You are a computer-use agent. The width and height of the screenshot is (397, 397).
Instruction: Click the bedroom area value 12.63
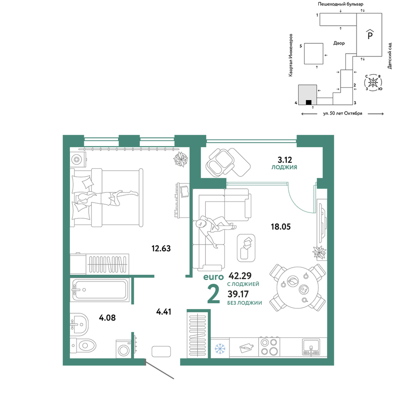161,249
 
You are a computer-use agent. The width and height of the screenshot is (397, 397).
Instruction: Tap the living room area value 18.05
281,227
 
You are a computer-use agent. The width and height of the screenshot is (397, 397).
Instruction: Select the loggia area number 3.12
285,160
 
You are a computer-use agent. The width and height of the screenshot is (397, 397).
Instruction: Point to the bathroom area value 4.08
107,318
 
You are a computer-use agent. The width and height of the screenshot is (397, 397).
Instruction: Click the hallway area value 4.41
164,312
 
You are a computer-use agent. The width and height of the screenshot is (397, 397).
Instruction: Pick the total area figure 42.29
240,275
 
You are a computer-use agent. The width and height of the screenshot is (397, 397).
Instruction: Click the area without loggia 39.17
238,294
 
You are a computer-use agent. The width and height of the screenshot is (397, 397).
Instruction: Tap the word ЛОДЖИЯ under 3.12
284,168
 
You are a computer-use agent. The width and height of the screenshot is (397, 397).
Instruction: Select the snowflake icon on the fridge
220,349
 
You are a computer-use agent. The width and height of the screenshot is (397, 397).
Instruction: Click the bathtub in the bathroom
100,290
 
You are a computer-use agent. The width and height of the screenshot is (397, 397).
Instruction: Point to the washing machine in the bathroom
123,349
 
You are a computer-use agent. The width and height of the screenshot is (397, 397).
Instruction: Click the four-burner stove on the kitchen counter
269,347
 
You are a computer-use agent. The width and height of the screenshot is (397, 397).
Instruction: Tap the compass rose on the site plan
373,82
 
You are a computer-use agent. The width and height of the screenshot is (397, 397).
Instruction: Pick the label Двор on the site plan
339,43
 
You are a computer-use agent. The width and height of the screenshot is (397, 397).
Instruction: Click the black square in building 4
308,102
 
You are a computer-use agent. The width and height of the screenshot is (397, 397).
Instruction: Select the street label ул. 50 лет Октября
343,114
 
